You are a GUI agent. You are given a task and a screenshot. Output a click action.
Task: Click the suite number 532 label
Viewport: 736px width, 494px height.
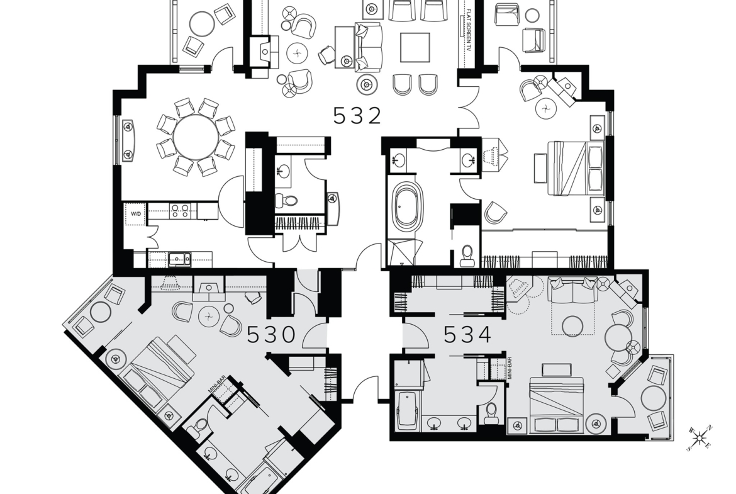357,116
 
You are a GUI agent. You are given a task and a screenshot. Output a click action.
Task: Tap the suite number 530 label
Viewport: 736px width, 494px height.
271,335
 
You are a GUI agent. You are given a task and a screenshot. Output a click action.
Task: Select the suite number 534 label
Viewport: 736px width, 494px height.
468,335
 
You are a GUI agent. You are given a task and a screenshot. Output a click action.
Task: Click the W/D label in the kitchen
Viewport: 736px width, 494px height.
136,214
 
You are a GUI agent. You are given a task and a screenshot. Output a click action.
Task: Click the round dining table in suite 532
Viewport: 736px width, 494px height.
196,137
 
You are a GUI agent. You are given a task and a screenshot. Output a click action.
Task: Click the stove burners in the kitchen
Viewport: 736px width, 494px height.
180,210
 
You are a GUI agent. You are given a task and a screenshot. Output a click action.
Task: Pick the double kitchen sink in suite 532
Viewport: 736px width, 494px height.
179,257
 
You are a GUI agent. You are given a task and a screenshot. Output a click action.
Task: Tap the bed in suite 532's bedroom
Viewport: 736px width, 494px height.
574,167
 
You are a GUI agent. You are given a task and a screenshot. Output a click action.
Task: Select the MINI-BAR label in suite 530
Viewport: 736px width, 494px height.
213,383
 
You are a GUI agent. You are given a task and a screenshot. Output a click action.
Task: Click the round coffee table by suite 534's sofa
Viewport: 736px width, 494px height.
573,325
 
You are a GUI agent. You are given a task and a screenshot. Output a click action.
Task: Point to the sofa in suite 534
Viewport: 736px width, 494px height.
572,291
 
